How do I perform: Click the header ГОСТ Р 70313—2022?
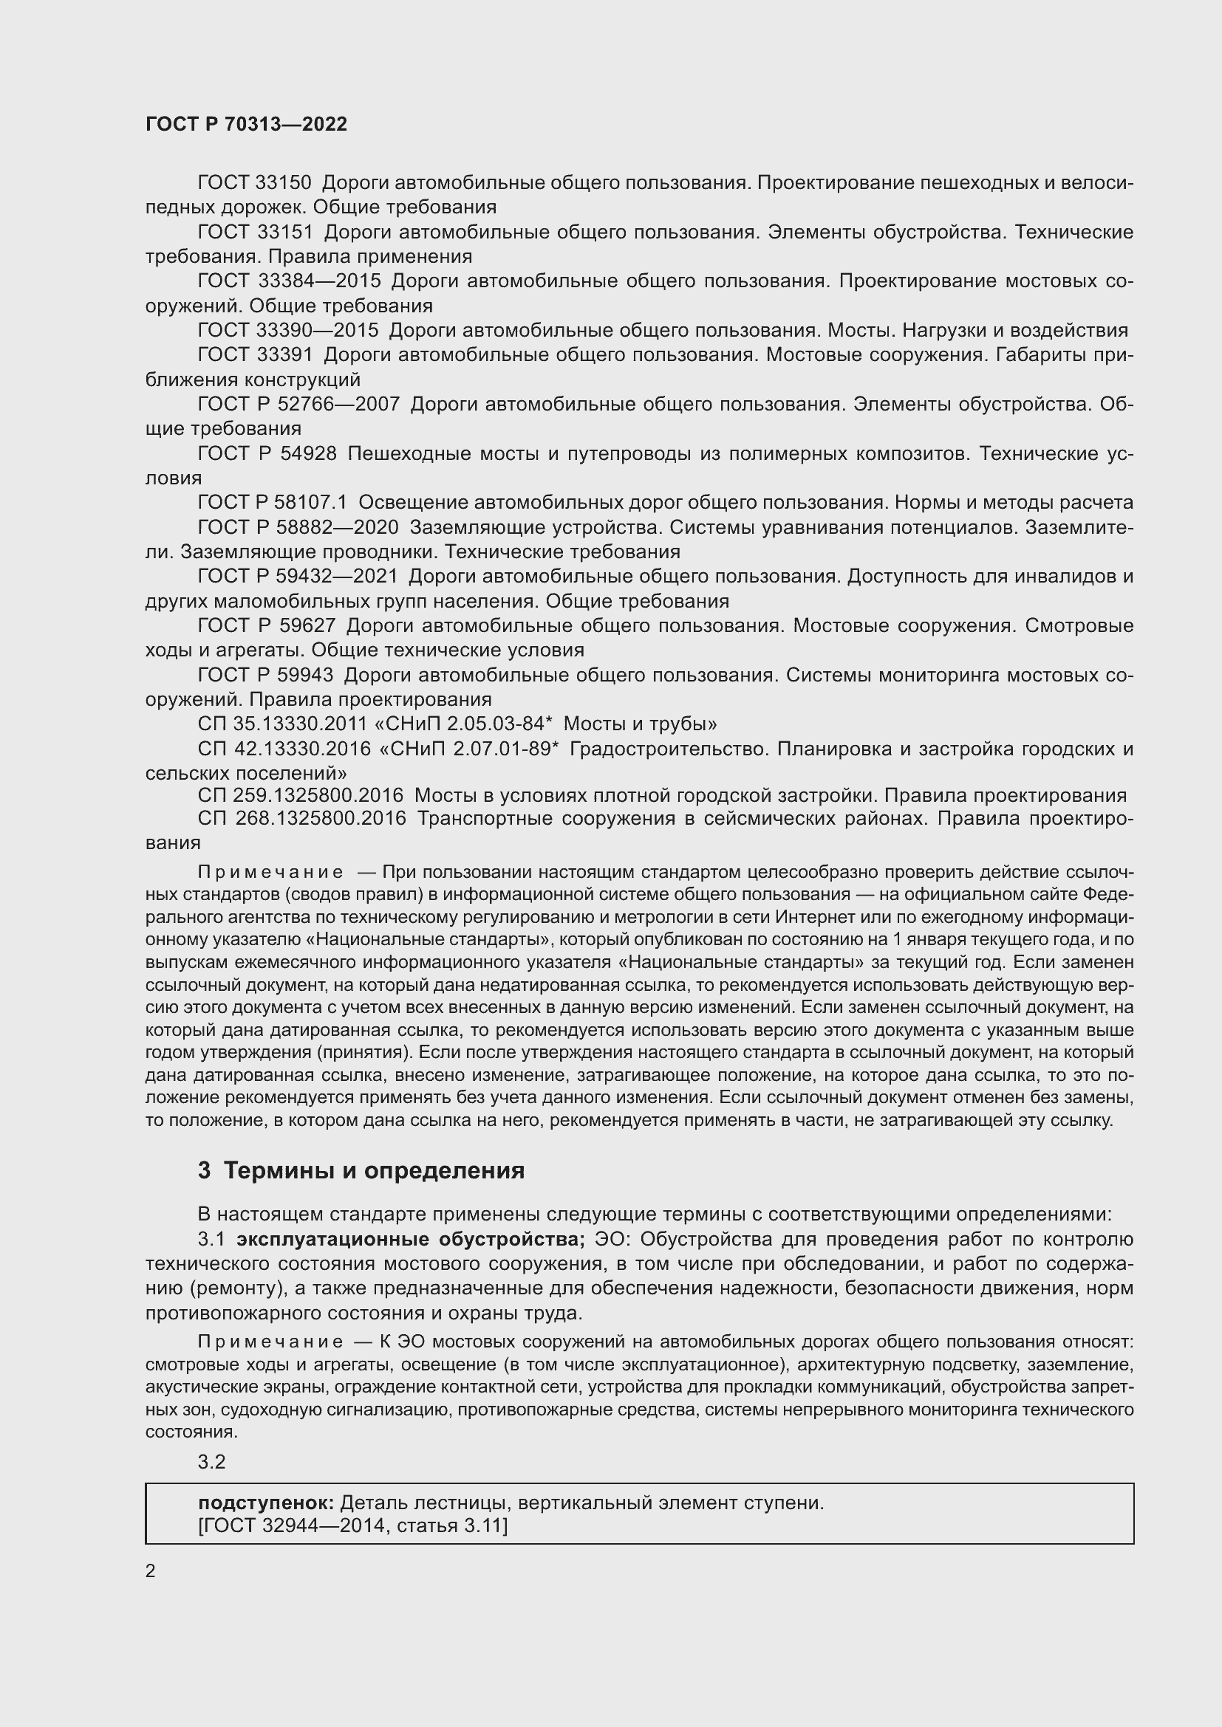(x=246, y=124)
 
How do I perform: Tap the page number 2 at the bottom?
(x=151, y=1570)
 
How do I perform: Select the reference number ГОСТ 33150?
(x=254, y=183)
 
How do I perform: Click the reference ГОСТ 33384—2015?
(x=289, y=281)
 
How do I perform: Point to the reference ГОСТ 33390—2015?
(x=288, y=330)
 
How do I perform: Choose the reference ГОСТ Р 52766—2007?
(x=298, y=405)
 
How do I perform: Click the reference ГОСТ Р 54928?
(x=267, y=453)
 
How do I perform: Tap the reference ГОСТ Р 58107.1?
(x=272, y=503)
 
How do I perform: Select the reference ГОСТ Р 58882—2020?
(x=297, y=527)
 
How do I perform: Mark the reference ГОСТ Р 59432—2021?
(x=297, y=576)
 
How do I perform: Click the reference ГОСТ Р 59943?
(x=265, y=676)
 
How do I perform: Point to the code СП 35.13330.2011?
(x=281, y=724)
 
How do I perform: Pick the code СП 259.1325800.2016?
(x=300, y=795)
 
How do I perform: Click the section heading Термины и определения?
(x=373, y=1170)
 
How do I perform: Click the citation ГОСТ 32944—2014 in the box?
(x=306, y=1526)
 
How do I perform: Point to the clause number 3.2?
(x=211, y=1461)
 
